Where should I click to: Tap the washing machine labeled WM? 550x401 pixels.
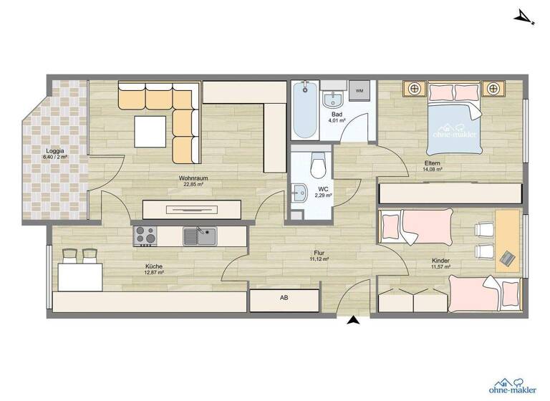(x=359, y=92)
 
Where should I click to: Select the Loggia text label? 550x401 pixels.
(x=55, y=151)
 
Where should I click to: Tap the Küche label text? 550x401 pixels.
(x=153, y=265)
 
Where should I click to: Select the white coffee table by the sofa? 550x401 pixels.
(x=151, y=130)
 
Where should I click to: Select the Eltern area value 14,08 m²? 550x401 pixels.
(x=433, y=170)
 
